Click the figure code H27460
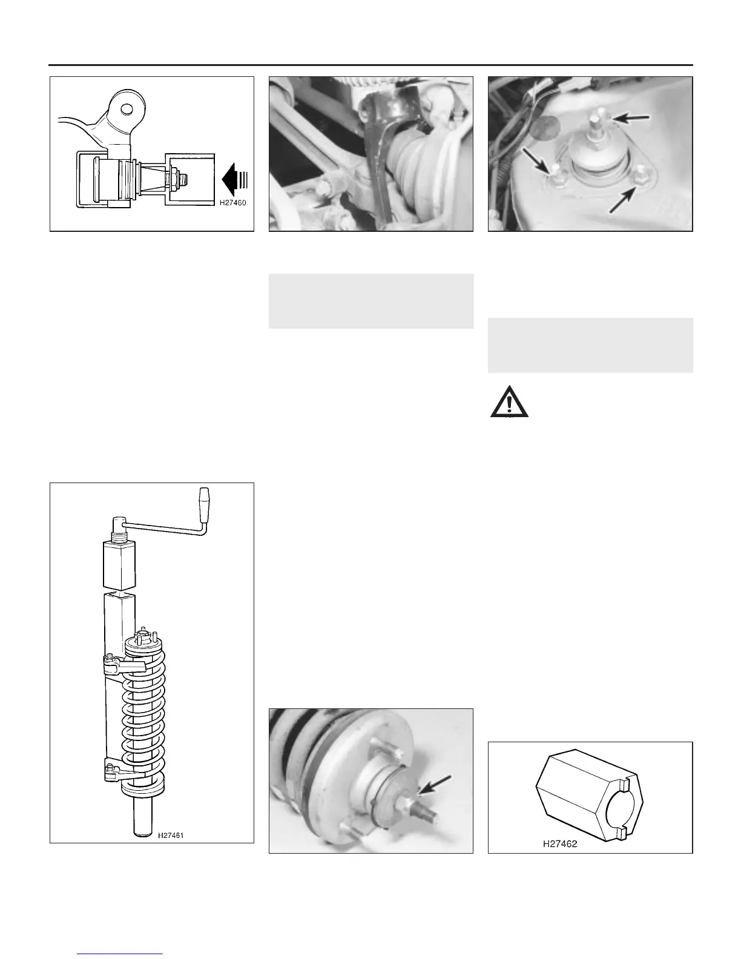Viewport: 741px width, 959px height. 232,203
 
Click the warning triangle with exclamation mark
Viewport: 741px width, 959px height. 509,401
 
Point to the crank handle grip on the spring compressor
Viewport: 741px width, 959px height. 204,504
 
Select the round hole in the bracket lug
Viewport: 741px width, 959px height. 127,108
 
